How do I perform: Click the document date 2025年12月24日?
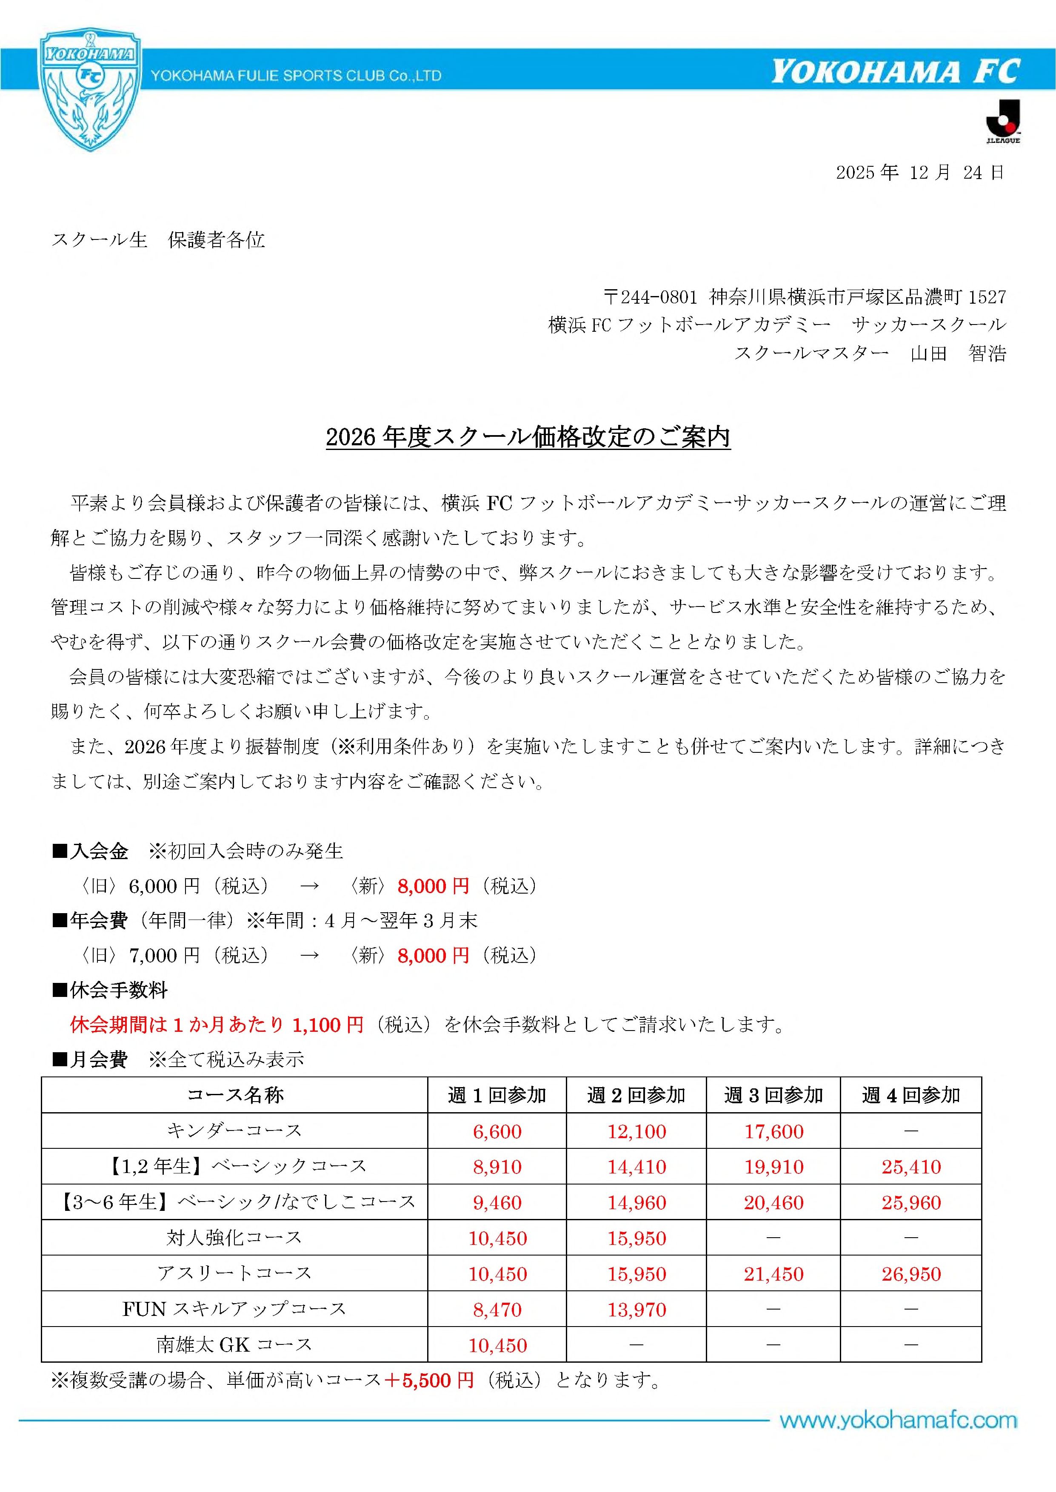[x=919, y=172]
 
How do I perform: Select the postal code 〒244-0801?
[x=650, y=297]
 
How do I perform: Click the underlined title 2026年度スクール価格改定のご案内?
[x=528, y=437]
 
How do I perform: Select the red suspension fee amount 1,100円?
[x=328, y=1025]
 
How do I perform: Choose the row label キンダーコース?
[x=234, y=1131]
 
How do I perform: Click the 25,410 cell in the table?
[x=911, y=1167]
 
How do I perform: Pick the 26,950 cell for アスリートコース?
[x=911, y=1274]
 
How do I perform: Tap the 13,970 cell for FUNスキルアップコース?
[x=636, y=1310]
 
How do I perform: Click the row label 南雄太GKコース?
[x=234, y=1344]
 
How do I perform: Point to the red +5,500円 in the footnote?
[x=429, y=1380]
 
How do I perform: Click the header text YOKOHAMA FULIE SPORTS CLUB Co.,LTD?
[x=296, y=76]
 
